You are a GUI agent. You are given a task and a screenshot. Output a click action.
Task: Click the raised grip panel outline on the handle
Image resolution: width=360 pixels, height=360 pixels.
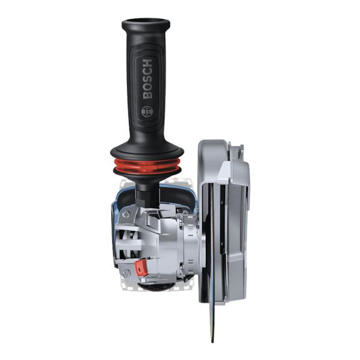point(148,90)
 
